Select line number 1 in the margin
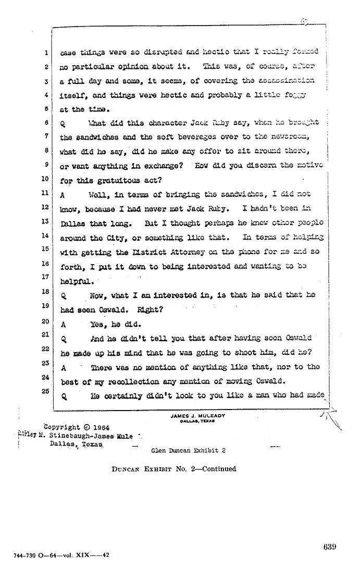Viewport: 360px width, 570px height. pyautogui.click(x=46, y=53)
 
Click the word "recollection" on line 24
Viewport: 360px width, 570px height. pyautogui.click(x=119, y=381)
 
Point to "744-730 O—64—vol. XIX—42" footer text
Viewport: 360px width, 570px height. pyautogui.click(x=58, y=556)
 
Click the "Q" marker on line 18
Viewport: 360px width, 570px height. pyautogui.click(x=63, y=295)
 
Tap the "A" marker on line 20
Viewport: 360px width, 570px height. pyautogui.click(x=63, y=324)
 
